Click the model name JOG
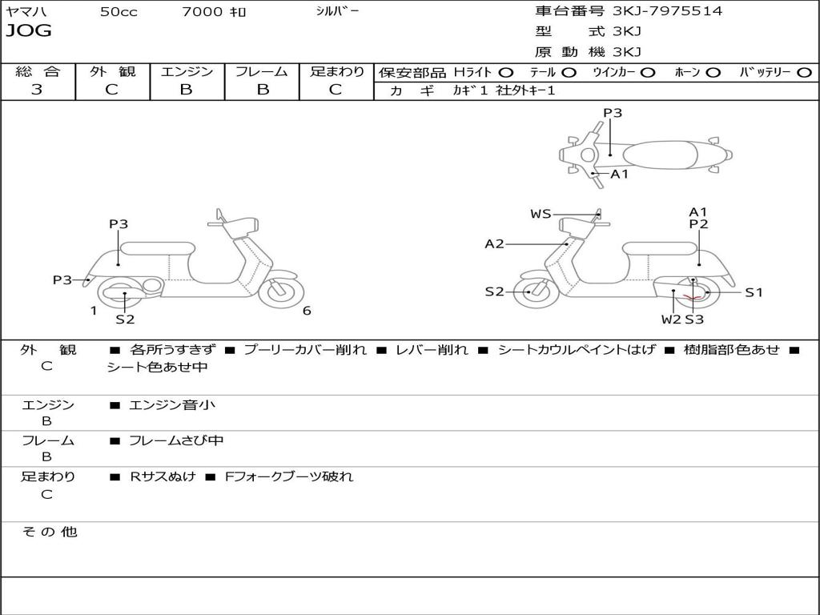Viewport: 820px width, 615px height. tap(29, 31)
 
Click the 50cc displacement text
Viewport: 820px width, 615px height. tap(119, 12)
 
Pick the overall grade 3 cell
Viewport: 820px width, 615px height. tap(37, 90)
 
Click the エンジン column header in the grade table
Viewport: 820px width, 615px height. tap(187, 71)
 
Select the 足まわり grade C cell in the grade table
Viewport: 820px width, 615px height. tap(336, 90)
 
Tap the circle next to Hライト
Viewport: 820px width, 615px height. tap(506, 72)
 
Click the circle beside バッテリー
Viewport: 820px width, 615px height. tap(804, 72)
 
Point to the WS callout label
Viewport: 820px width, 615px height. tap(541, 214)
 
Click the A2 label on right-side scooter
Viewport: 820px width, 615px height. tap(494, 244)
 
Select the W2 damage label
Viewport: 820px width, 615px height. tap(670, 320)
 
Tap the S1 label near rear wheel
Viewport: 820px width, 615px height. tap(754, 292)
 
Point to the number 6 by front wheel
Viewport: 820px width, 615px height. tap(307, 311)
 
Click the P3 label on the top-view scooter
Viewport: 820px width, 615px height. tap(613, 113)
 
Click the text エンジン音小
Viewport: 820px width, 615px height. tap(172, 405)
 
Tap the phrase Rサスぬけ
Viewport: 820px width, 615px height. tap(163, 476)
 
